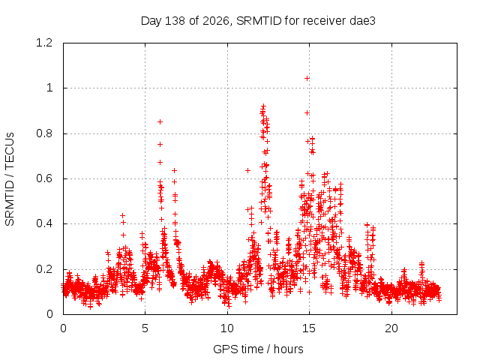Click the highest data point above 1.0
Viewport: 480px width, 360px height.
click(x=307, y=78)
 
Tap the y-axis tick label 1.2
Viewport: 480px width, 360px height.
click(x=44, y=43)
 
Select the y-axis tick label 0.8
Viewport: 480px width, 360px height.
click(x=44, y=133)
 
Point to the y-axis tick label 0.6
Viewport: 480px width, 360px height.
click(x=44, y=178)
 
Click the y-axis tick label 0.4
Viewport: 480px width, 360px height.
click(x=44, y=223)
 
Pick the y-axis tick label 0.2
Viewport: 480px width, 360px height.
click(x=44, y=269)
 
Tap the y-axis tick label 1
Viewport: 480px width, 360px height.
click(x=49, y=88)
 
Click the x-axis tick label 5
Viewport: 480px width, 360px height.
click(x=145, y=328)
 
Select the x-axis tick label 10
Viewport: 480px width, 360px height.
click(x=227, y=328)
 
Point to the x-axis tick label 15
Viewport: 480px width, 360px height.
click(x=309, y=328)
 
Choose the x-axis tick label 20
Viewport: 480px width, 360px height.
click(x=391, y=328)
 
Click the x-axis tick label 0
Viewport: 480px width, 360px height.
click(x=63, y=328)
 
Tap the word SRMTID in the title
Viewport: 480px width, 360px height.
click(x=259, y=21)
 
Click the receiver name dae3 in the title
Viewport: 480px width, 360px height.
click(x=362, y=21)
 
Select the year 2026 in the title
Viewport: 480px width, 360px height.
click(x=216, y=21)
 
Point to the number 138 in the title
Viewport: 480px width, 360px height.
click(x=175, y=21)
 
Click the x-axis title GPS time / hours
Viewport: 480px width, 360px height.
click(x=258, y=349)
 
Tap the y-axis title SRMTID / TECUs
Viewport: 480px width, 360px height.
click(x=10, y=179)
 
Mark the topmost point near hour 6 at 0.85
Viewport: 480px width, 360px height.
click(x=160, y=121)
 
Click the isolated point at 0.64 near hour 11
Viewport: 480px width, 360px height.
click(x=248, y=170)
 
